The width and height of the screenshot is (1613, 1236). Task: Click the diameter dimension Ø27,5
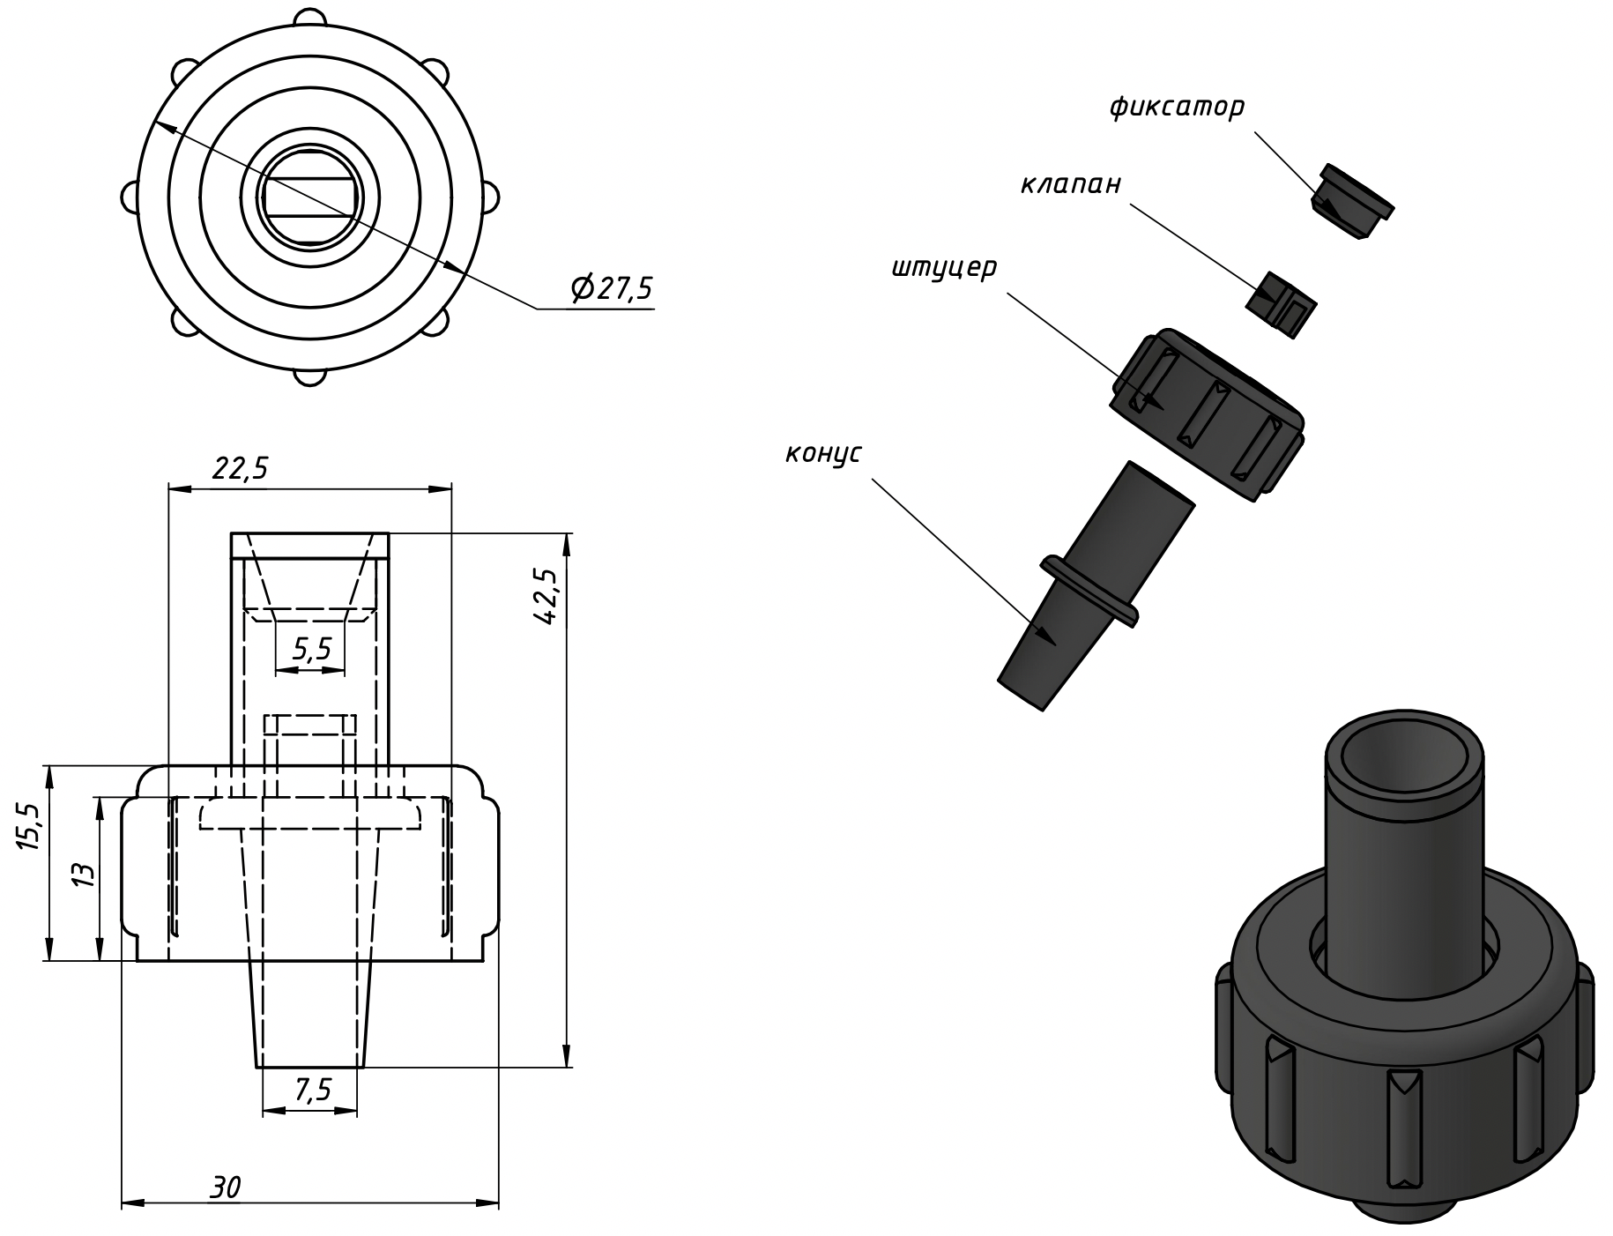coord(612,288)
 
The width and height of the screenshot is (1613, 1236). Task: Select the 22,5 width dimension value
coord(239,468)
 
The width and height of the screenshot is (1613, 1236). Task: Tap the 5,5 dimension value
coord(311,650)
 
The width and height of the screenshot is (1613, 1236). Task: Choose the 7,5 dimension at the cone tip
coord(312,1091)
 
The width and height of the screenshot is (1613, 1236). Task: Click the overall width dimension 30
coord(226,1188)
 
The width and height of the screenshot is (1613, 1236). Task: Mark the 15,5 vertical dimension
coord(30,827)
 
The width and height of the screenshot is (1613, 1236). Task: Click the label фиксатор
coord(1177,108)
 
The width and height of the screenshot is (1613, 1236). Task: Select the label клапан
coord(1071,184)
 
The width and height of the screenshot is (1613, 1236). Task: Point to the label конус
coord(823,454)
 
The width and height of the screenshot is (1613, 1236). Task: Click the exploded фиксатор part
coord(1351,202)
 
